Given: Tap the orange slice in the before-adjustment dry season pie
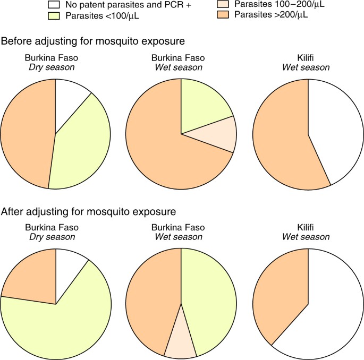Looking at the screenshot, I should pyautogui.click(x=27, y=133).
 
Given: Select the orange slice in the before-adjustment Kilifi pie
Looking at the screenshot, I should pyautogui.click(x=279, y=138).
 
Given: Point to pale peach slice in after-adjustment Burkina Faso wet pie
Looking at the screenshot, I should pyautogui.click(x=181, y=340).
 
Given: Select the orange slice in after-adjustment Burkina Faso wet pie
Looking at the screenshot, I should pyautogui.click(x=154, y=303).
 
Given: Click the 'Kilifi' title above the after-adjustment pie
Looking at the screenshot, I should pyautogui.click(x=308, y=227).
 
